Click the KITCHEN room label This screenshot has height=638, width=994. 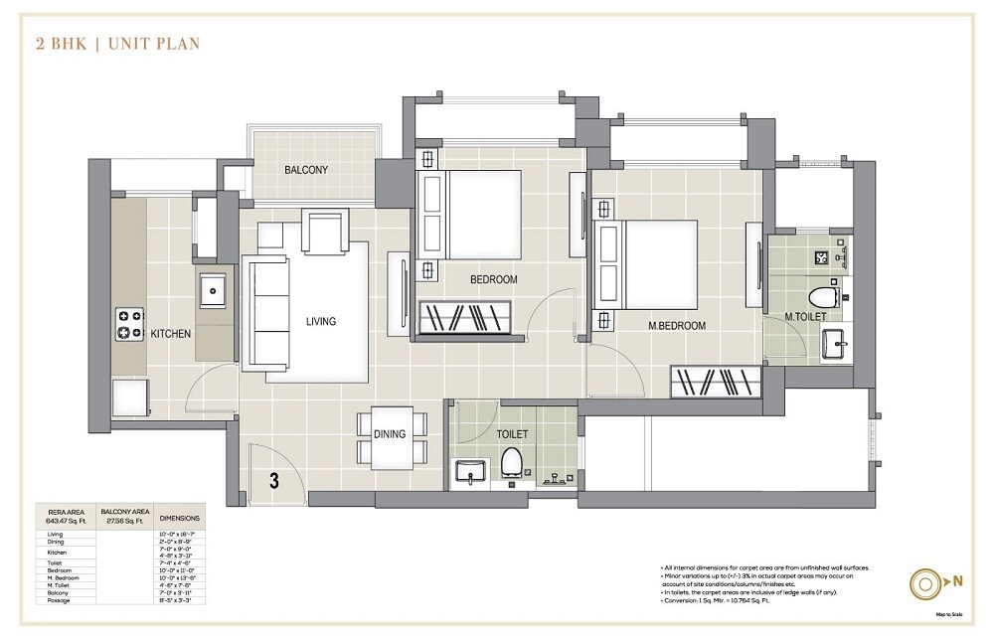[x=170, y=334]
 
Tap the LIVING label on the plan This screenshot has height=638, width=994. [x=321, y=321]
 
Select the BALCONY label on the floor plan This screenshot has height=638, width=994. [x=306, y=170]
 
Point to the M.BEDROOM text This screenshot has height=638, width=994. [x=678, y=326]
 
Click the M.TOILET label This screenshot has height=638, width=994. [x=805, y=317]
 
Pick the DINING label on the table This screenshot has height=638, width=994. [x=390, y=434]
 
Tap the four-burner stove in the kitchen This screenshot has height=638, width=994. [x=130, y=323]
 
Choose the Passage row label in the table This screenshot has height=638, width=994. [x=59, y=600]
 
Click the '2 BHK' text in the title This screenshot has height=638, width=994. [x=60, y=44]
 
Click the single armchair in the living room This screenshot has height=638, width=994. [x=324, y=234]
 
